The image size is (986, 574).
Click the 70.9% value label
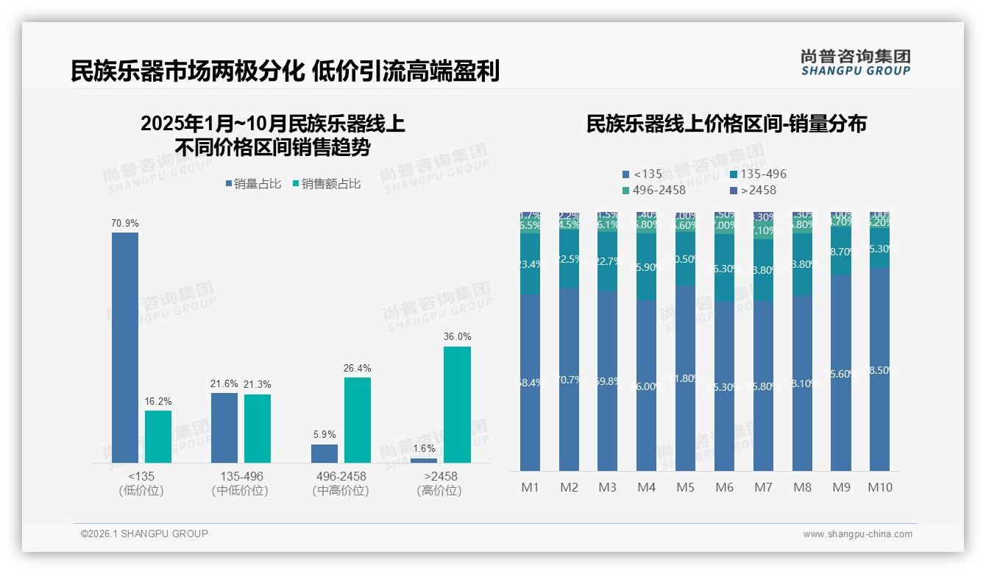[125, 223]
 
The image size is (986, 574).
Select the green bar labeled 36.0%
[457, 404]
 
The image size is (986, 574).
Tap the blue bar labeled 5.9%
[324, 453]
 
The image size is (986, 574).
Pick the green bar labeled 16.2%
[157, 436]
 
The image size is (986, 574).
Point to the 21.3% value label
[258, 385]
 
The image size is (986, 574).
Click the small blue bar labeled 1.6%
[424, 460]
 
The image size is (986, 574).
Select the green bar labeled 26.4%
[358, 419]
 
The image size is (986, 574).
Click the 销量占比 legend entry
[253, 184]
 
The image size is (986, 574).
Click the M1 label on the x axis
[530, 487]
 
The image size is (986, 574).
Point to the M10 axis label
[879, 487]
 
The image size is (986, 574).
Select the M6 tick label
[724, 487]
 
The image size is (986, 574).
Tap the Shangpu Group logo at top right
[855, 62]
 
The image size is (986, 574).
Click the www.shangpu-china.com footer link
[857, 534]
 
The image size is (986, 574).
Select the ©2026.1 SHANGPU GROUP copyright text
[144, 534]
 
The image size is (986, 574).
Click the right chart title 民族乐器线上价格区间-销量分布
[726, 124]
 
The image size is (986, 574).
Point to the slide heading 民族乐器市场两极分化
[187, 71]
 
